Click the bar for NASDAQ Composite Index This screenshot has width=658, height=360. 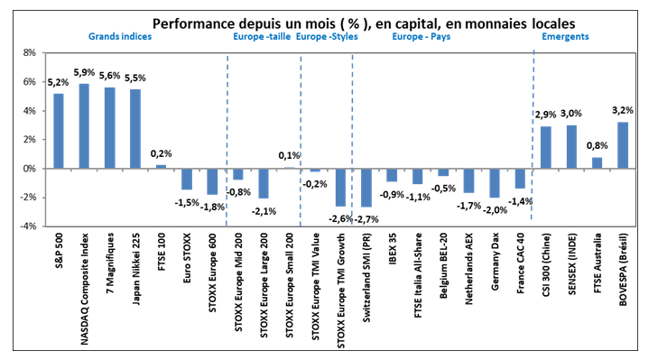[x=84, y=126]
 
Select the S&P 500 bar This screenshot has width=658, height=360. [x=58, y=131]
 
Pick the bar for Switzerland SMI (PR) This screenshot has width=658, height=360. [x=366, y=188]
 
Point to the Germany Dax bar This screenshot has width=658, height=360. [x=494, y=183]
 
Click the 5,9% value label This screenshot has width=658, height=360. [x=83, y=72]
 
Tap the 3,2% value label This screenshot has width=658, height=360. [x=623, y=111]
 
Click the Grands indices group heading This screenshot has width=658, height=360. [x=119, y=37]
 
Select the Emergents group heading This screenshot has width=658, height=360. [x=565, y=37]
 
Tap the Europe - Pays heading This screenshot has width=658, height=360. [x=422, y=37]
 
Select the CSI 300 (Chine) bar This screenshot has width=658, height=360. [x=545, y=148]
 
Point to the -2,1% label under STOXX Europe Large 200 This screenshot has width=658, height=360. [x=264, y=211]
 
